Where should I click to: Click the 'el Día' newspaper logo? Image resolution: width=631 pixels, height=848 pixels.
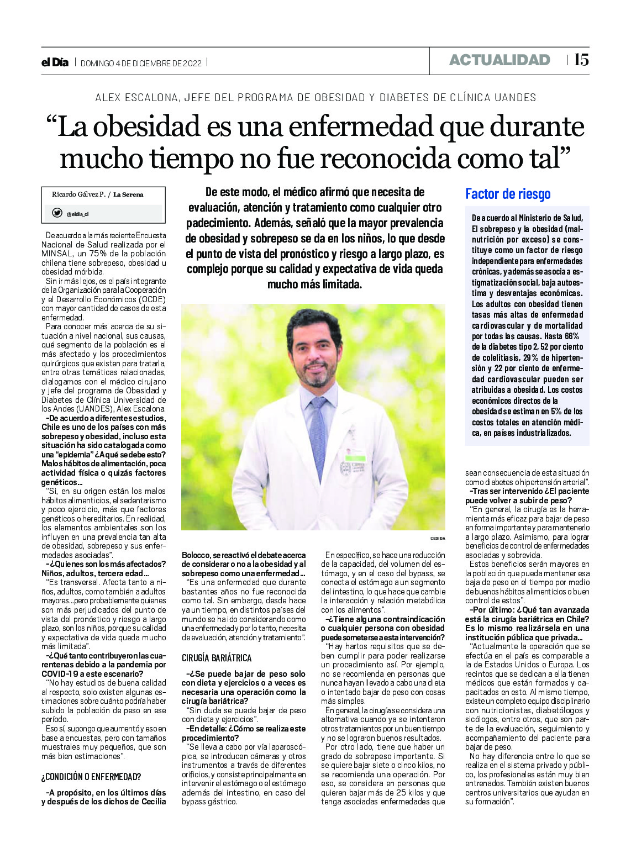(x=55, y=62)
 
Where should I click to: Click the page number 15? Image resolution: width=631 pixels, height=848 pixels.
(x=581, y=60)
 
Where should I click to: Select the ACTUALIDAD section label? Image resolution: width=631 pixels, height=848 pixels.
(x=499, y=60)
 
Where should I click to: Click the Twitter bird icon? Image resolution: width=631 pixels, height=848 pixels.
(x=57, y=213)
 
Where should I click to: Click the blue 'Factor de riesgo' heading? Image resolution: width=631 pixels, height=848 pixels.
(x=508, y=194)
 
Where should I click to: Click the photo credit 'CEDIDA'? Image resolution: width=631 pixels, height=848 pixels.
(x=437, y=538)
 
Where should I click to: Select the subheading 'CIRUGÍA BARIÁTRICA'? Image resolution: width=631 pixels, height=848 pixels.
(x=217, y=658)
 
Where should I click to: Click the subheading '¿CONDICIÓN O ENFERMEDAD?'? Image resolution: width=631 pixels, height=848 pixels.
(x=91, y=777)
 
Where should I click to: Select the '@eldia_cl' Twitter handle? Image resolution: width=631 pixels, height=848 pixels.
(x=78, y=214)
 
